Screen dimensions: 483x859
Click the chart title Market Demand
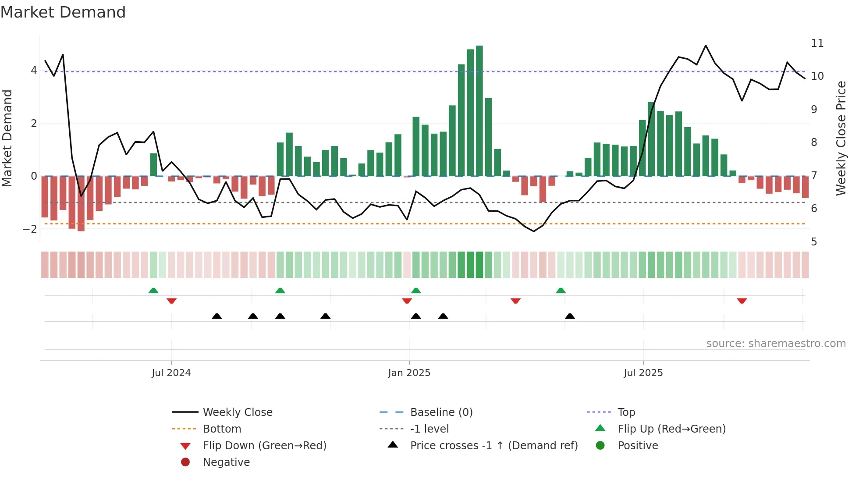[x=63, y=12]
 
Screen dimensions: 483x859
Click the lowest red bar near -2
[x=81, y=204]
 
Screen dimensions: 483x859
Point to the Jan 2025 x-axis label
[x=409, y=373]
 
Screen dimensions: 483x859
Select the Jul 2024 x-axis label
[x=171, y=373]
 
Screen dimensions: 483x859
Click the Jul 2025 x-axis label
[x=643, y=373]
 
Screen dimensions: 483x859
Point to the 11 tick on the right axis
[x=817, y=43]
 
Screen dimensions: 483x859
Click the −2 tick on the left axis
[x=30, y=229]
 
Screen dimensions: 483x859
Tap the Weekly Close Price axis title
[x=841, y=138]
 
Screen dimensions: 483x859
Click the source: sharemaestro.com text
[x=776, y=344]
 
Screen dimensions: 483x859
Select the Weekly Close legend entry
[x=237, y=412]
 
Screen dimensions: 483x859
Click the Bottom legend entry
[x=222, y=429]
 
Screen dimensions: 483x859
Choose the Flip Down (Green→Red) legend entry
[x=264, y=446]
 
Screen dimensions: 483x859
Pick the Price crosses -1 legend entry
[x=493, y=446]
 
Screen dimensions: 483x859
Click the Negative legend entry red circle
[x=185, y=462]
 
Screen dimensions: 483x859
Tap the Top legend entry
[x=626, y=412]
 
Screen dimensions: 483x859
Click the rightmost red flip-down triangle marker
[x=742, y=301]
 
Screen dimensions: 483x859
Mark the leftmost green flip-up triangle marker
[x=153, y=291]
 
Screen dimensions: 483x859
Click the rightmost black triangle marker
[x=570, y=316]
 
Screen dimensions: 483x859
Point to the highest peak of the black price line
[x=706, y=46]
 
